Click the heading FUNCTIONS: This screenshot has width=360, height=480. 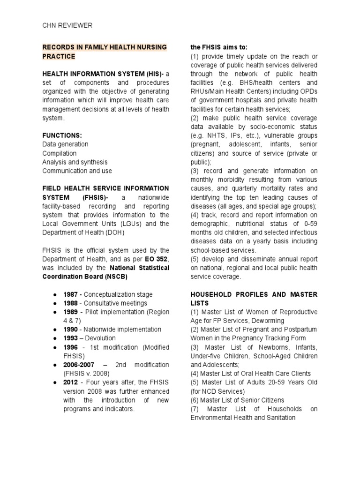coord(62,135)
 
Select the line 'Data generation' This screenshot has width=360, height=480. coord(65,144)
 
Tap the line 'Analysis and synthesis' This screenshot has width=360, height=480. coord(75,162)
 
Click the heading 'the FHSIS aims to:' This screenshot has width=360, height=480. coord(219,47)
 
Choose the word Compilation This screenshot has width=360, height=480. coord(59,153)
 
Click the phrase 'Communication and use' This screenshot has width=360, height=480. coord(77,171)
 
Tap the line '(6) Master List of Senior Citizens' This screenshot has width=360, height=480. coord(237,400)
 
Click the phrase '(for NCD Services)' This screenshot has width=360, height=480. coord(217,391)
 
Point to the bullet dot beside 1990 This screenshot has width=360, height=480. coord(55,330)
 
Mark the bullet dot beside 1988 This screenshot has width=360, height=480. coord(55,303)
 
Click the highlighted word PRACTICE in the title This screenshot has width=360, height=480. coord(59,56)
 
